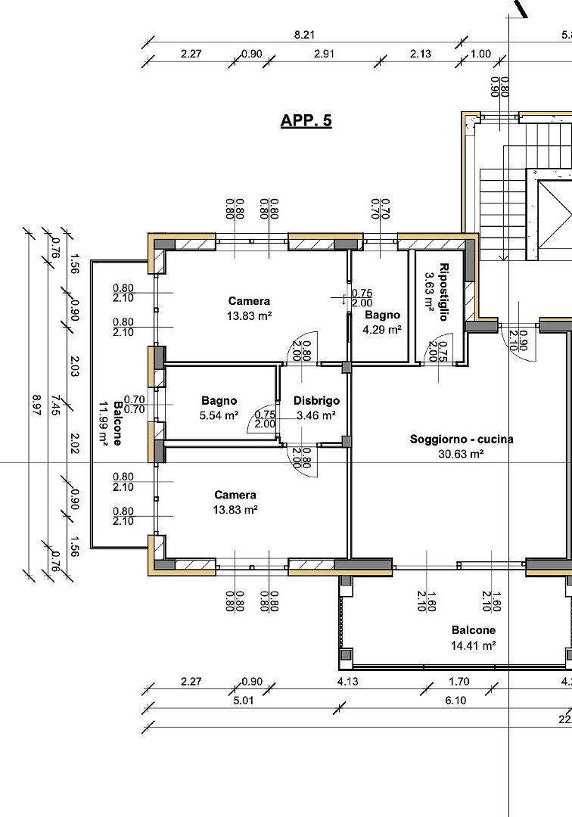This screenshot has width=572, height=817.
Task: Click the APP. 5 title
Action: point(306,121)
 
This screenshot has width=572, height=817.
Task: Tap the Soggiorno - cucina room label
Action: point(461,440)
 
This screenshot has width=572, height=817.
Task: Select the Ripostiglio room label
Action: point(444,292)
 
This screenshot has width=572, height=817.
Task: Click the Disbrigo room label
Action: point(316,401)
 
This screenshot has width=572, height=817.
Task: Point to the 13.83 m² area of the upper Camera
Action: point(250,315)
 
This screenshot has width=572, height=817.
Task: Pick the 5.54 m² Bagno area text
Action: point(219,416)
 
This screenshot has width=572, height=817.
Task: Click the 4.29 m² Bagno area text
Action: point(382,330)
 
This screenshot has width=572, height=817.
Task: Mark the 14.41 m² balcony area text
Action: point(473,646)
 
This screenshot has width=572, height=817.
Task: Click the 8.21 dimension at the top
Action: point(304,35)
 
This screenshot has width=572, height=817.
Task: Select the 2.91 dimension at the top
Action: point(324,54)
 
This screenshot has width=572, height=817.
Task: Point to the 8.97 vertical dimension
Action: point(36,405)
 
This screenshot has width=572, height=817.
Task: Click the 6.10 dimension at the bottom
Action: point(455,701)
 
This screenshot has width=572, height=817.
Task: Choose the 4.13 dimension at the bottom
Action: point(347,682)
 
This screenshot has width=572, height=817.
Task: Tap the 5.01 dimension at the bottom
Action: point(244,701)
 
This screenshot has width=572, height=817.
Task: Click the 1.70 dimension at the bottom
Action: point(459,682)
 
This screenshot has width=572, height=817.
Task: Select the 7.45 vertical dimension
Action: point(55,405)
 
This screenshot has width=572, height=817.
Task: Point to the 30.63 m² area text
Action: point(461,454)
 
